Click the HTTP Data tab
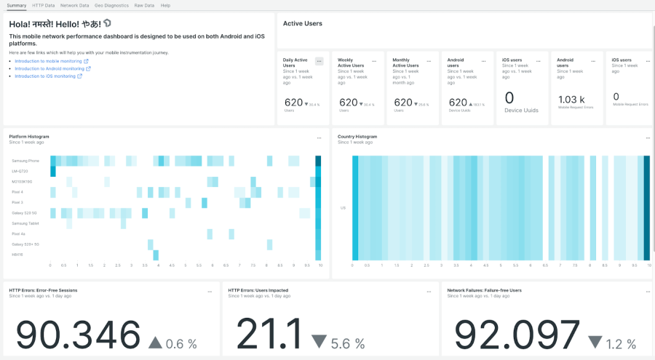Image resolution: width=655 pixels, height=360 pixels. (x=44, y=5)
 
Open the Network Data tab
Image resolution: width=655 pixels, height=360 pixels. (x=74, y=5)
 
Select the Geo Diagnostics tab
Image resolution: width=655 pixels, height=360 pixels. (x=111, y=5)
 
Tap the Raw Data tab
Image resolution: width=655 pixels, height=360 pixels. (x=144, y=5)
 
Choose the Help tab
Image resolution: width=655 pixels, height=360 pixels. (x=165, y=5)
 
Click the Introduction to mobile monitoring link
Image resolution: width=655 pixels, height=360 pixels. (x=49, y=61)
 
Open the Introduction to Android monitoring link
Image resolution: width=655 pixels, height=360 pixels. (x=49, y=68)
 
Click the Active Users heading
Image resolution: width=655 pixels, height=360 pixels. (x=302, y=23)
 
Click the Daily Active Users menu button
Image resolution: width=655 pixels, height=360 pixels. (x=319, y=61)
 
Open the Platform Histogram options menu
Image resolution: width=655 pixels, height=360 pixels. (x=319, y=137)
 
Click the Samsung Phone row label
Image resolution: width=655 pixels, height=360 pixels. (x=25, y=160)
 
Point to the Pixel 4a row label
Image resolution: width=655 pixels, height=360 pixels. (x=19, y=233)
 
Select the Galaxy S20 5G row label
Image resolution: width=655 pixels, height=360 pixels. (x=24, y=212)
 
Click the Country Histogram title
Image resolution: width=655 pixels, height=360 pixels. (x=357, y=137)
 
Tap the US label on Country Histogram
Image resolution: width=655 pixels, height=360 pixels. (x=343, y=208)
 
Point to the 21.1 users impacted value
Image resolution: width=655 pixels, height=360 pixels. (x=269, y=335)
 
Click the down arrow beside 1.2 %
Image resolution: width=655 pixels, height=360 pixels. (x=595, y=342)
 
